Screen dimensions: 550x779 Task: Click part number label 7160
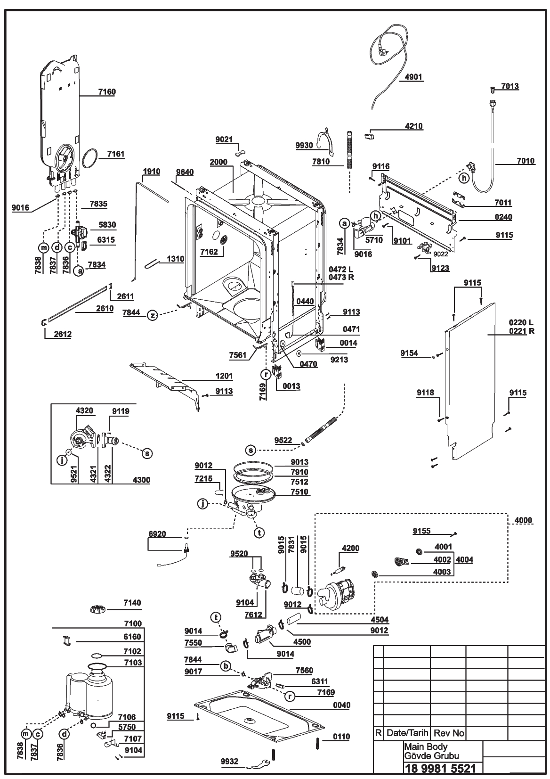[x=107, y=92]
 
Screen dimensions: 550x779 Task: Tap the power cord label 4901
[x=413, y=77]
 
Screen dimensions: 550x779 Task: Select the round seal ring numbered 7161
[x=90, y=158]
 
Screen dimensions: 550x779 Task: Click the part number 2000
[x=218, y=162]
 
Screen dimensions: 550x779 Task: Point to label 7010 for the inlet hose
[x=526, y=161]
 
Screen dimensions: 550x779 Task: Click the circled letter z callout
[x=153, y=315]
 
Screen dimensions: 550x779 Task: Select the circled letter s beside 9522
[x=251, y=451]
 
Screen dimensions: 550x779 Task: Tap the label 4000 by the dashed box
[x=523, y=520]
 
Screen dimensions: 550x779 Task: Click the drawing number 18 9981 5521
[x=439, y=768]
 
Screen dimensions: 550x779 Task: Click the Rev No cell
[x=449, y=733]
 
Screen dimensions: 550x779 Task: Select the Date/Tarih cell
[x=407, y=733]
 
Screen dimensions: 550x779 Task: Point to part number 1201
[x=224, y=376]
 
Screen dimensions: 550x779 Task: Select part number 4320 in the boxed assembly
[x=84, y=411]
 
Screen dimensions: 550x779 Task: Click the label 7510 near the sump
[x=299, y=492]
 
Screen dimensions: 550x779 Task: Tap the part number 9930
[x=304, y=145]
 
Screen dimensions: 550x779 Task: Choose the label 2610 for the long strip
[x=105, y=309]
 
